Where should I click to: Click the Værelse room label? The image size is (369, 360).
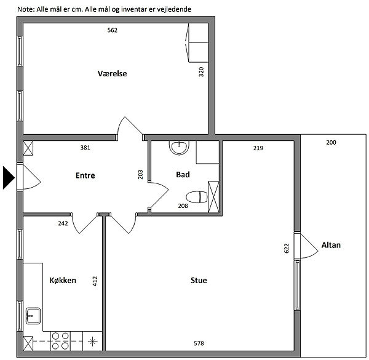point(113,73)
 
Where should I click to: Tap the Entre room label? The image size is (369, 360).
point(85,175)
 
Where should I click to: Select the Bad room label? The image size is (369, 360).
point(183,175)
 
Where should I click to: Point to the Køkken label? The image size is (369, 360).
point(63,280)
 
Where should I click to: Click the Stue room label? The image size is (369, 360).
point(199,280)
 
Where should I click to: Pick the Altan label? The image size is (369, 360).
point(331,245)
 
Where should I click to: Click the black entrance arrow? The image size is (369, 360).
point(9,177)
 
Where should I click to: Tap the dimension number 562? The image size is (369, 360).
point(113,30)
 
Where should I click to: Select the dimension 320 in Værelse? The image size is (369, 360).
point(201,72)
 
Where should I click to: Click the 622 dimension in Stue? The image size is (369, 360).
point(286,249)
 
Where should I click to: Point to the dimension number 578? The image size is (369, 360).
point(199,343)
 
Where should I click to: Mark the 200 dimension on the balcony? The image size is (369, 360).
point(331,142)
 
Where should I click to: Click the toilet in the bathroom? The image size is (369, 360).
point(197,197)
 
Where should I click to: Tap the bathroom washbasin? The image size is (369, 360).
point(179,148)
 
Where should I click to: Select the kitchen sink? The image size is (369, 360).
point(33,316)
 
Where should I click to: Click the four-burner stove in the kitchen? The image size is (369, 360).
point(60,341)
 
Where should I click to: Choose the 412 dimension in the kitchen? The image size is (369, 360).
point(95,281)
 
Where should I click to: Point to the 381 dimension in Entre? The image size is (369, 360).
point(85,148)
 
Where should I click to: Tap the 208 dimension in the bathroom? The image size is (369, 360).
point(183,206)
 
